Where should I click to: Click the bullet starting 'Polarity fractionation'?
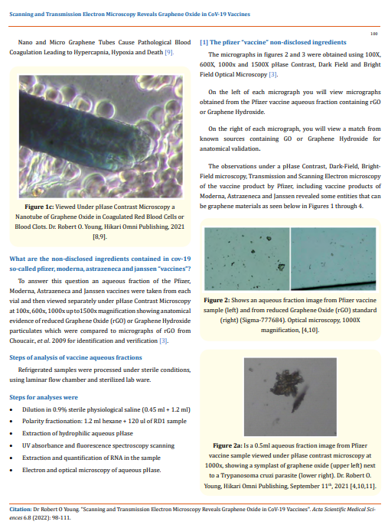point(99,421)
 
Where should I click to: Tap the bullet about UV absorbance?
point(98,445)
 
